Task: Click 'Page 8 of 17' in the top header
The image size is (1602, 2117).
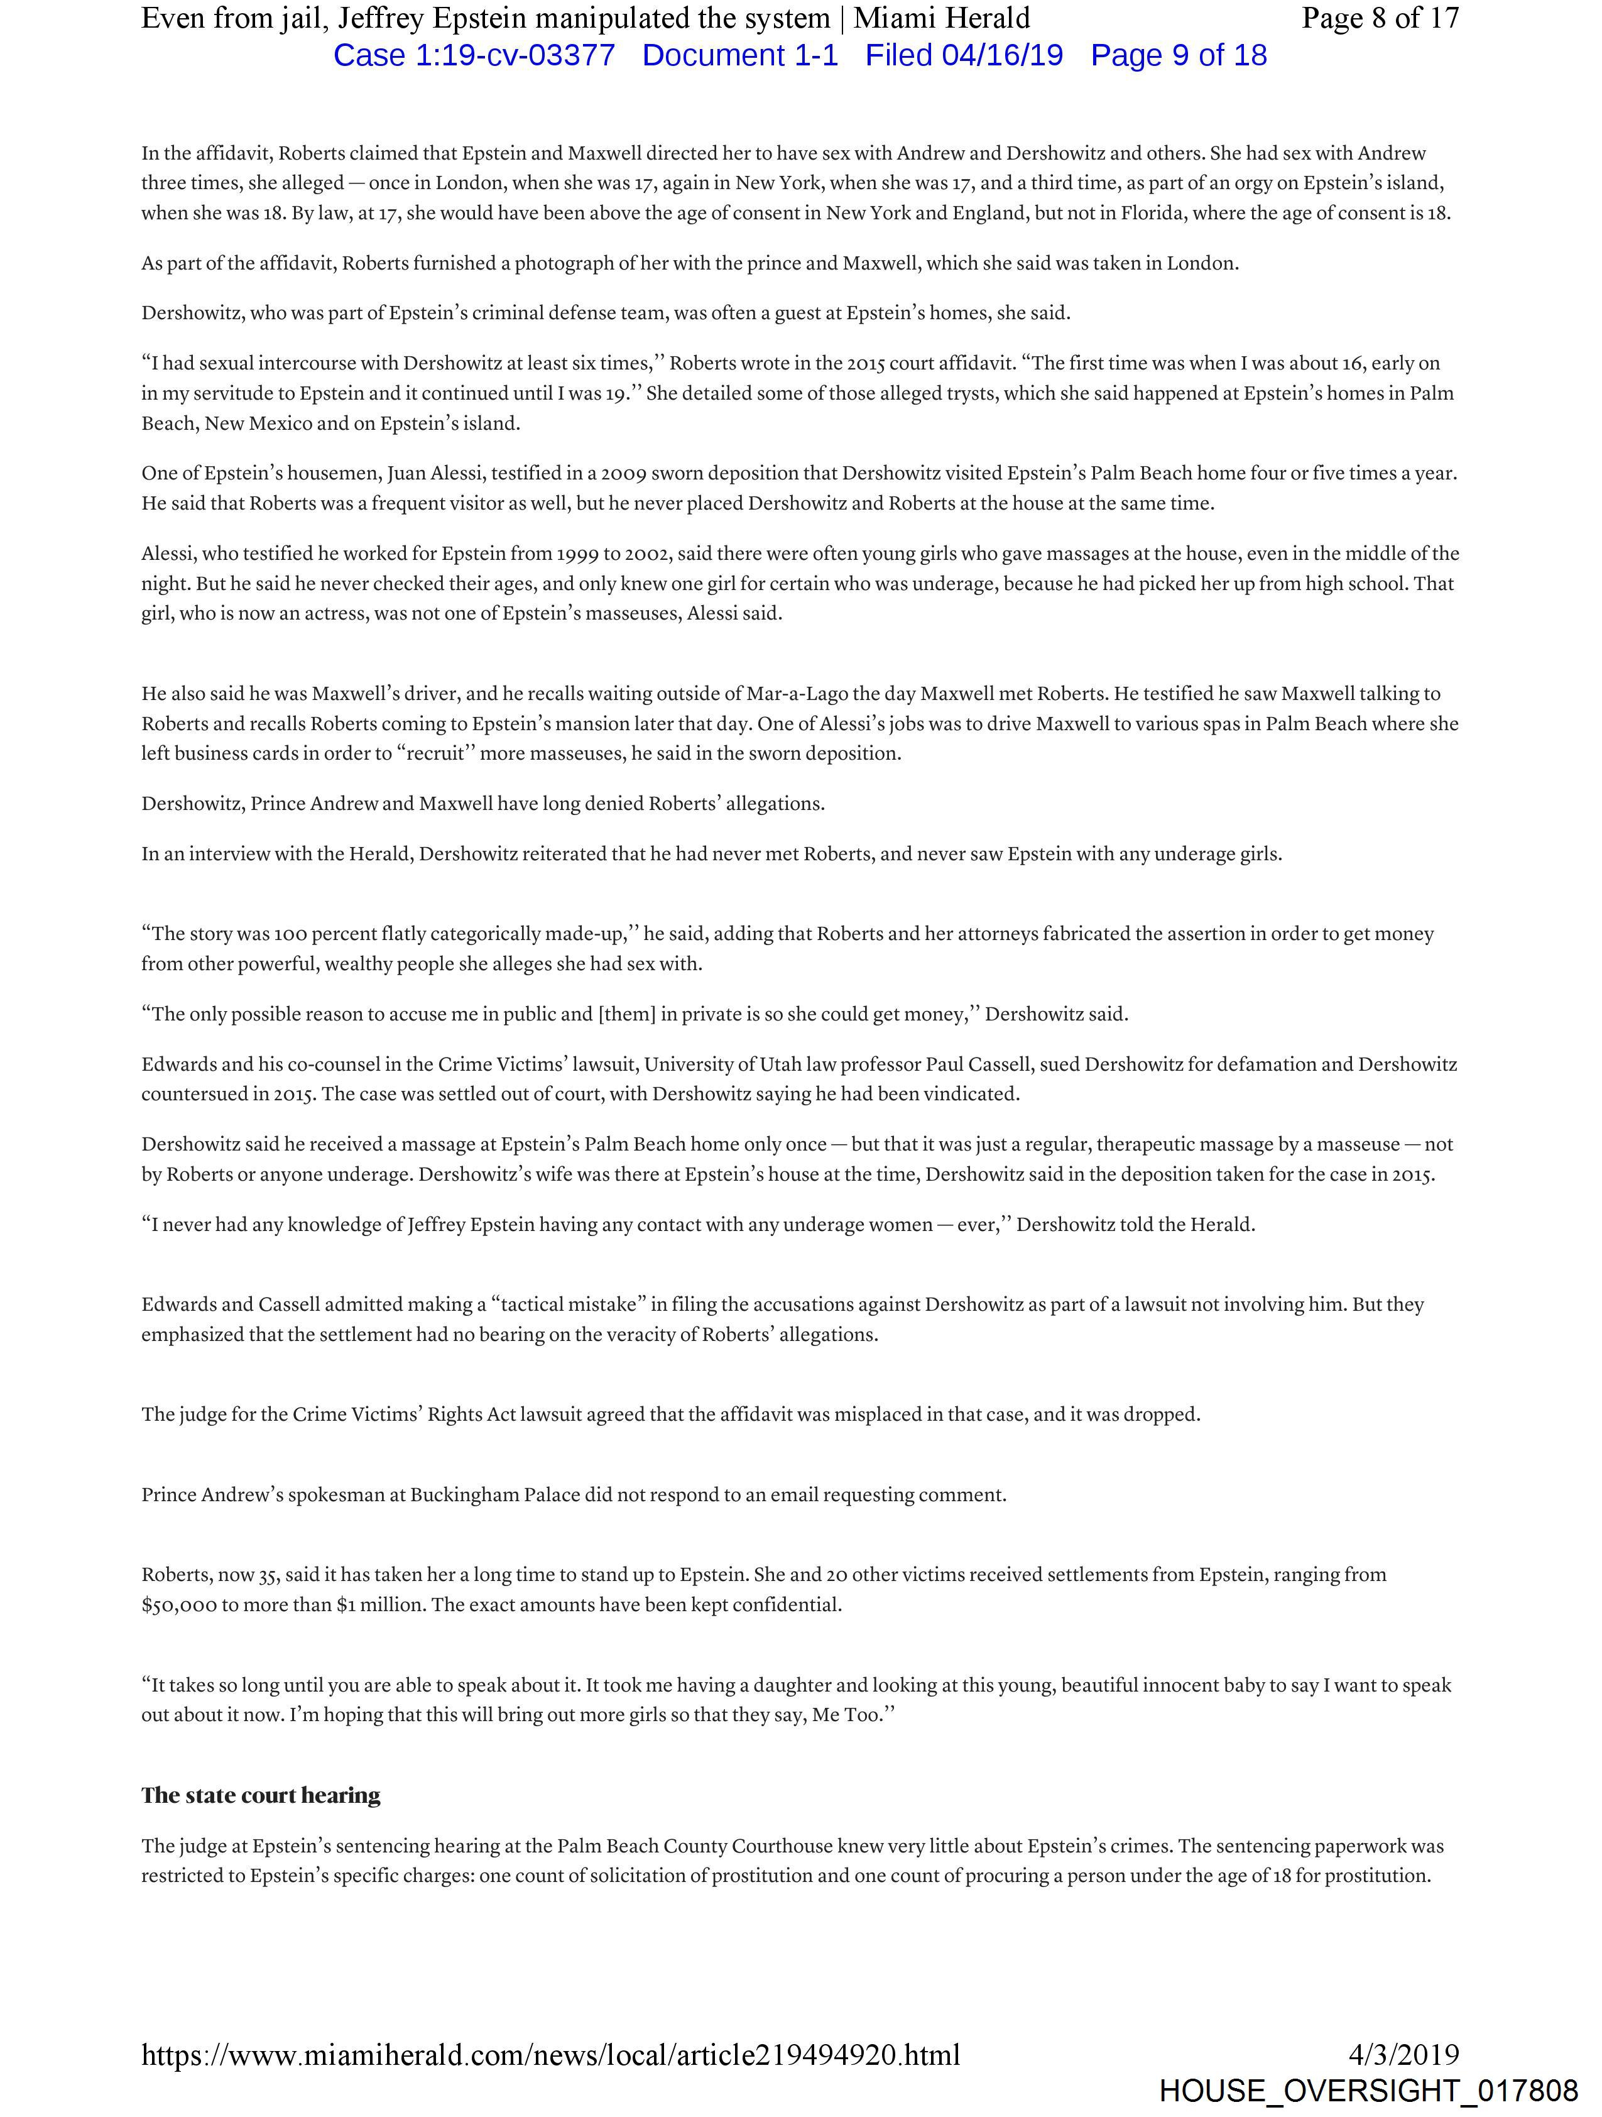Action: point(1380,18)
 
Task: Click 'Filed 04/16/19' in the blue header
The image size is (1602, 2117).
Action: point(964,55)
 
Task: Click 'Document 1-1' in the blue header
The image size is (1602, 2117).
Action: point(740,55)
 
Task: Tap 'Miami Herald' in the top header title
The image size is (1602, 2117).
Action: point(942,18)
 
